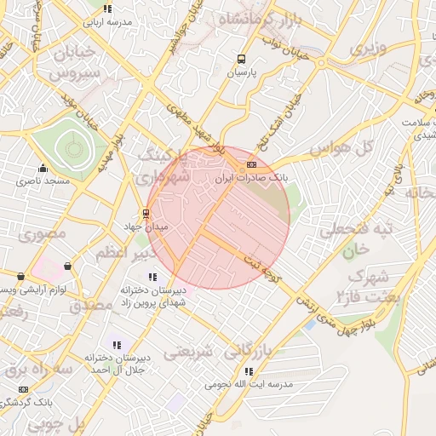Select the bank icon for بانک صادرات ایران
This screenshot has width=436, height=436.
tap(251, 164)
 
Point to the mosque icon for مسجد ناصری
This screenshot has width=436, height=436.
tap(43, 168)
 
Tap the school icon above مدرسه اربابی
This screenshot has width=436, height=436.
tap(106, 9)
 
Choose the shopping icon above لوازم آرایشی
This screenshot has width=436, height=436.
tap(21, 277)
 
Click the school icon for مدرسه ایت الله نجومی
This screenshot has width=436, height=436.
tap(249, 371)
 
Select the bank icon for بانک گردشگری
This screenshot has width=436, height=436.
tap(23, 389)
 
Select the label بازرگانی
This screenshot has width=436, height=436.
tap(264, 350)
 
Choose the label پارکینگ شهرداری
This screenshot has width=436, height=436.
tap(165, 167)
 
